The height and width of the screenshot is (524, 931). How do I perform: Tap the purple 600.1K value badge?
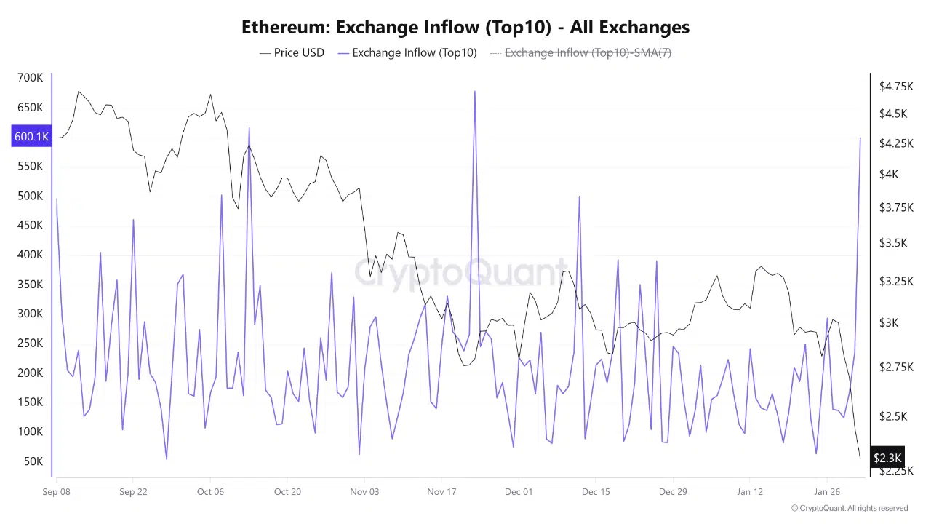[x=31, y=137]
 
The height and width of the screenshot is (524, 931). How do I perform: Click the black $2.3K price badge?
[x=887, y=458]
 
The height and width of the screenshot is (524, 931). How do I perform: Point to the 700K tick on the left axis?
[x=30, y=78]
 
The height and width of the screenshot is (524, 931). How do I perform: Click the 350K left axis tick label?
[x=30, y=284]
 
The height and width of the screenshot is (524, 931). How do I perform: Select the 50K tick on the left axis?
[x=33, y=461]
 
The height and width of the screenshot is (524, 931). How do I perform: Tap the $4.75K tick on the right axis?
[x=896, y=87]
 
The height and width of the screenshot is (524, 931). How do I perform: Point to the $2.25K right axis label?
[x=896, y=470]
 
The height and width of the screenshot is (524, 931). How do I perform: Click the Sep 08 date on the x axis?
[x=57, y=491]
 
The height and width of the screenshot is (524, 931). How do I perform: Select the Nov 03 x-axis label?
[x=364, y=491]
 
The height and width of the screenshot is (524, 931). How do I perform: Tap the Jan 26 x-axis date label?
[x=827, y=491]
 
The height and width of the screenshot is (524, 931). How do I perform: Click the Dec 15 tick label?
[x=596, y=491]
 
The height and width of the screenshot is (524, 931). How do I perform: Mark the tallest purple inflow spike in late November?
[x=475, y=92]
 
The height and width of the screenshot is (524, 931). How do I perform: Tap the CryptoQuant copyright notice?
[x=849, y=508]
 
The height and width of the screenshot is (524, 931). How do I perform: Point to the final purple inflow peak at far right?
[x=860, y=138]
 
